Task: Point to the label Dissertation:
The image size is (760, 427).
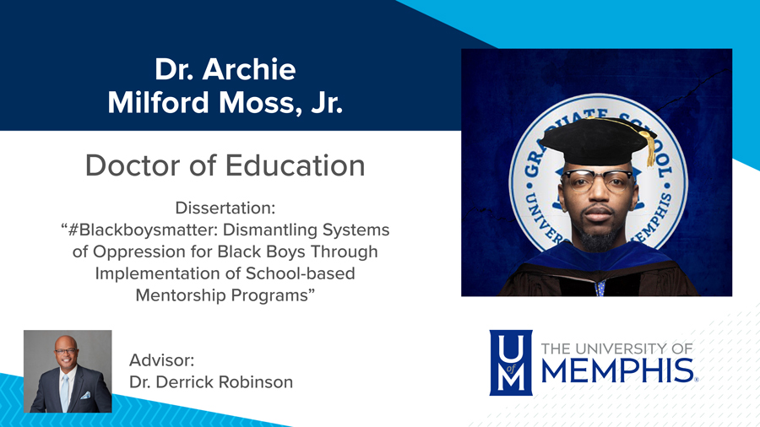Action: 225,208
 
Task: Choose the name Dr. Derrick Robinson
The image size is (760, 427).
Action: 211,382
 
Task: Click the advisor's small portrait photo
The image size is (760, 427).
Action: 68,371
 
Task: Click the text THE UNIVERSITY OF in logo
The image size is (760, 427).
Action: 616,348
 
